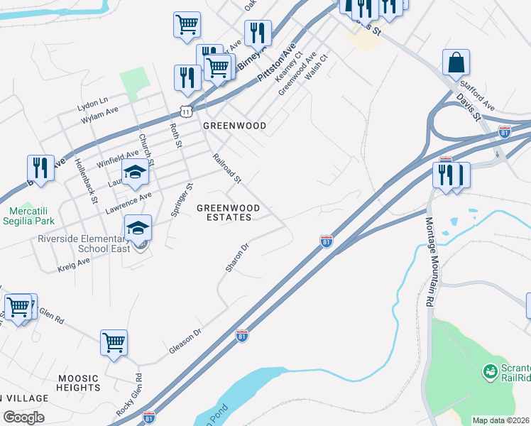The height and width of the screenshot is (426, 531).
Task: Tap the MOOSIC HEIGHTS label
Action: coord(79,383)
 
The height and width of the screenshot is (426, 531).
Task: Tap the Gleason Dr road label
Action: coord(186,342)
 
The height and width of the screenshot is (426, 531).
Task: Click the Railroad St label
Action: coord(227,168)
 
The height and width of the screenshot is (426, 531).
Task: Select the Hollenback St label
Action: coord(84,182)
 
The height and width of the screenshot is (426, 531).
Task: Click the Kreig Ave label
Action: coord(74,266)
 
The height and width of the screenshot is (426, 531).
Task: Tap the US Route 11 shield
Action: coord(185,111)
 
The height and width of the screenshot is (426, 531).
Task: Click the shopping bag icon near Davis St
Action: coord(455,62)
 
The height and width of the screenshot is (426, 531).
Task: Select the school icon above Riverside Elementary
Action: coord(138,228)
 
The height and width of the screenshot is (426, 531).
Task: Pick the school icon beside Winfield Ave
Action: coord(135,173)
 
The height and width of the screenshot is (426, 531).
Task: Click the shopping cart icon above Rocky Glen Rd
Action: coord(114,344)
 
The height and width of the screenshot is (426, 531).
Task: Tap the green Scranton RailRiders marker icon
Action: coord(489,371)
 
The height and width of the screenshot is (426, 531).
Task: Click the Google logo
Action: coord(23,417)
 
